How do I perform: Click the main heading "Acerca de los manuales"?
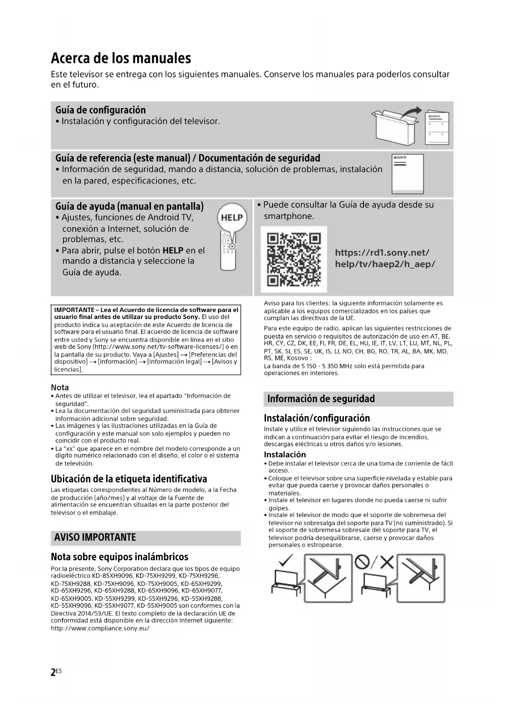pyautogui.click(x=121, y=58)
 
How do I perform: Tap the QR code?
pyautogui.click(x=294, y=259)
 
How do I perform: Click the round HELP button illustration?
pyautogui.click(x=232, y=217)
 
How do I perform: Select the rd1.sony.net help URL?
pyautogui.click(x=385, y=258)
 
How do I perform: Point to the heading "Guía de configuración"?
pyautogui.click(x=100, y=110)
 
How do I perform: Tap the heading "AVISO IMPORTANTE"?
pyautogui.click(x=95, y=537)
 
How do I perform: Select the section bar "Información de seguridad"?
pyautogui.click(x=321, y=398)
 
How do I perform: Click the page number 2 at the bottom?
pyautogui.click(x=53, y=672)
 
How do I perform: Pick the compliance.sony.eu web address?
pyautogui.click(x=100, y=628)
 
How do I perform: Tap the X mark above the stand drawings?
pyautogui.click(x=387, y=561)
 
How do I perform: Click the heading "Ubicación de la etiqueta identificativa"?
pyautogui.click(x=129, y=479)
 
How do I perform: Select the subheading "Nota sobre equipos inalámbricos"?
pyautogui.click(x=119, y=557)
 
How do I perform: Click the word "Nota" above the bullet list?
pyautogui.click(x=60, y=387)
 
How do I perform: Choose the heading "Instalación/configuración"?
pyautogui.click(x=317, y=418)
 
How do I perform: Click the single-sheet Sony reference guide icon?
pyautogui.click(x=407, y=173)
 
